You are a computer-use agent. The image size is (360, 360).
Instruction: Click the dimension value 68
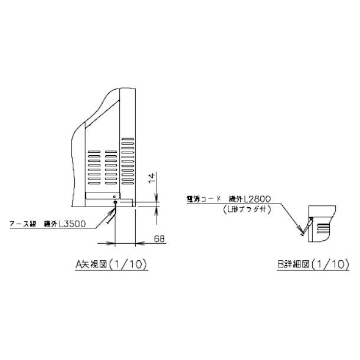click(159, 238)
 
